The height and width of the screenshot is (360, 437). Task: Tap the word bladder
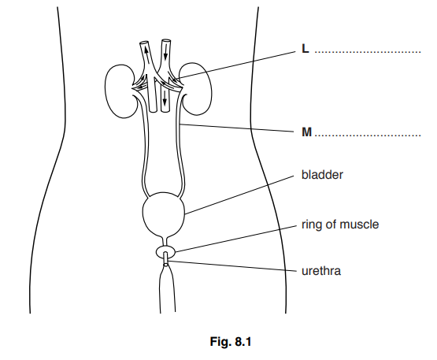point(322,175)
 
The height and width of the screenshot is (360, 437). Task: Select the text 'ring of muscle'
point(340,225)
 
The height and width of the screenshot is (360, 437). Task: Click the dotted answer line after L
point(368,53)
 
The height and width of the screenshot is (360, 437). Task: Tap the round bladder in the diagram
point(164,211)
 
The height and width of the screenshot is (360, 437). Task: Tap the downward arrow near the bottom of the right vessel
point(165,100)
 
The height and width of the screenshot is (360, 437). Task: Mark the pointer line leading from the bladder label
point(240,192)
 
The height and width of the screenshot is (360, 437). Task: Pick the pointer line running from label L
point(236,64)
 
